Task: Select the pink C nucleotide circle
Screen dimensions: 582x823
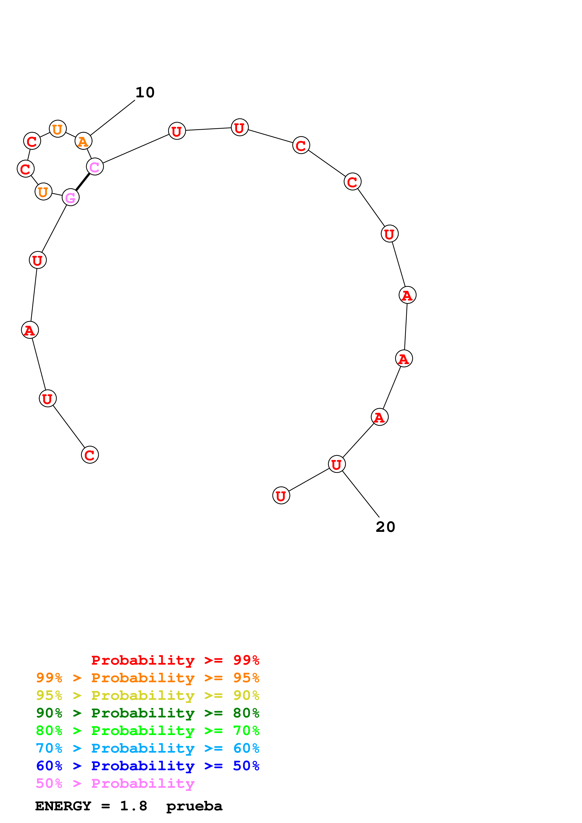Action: point(95,167)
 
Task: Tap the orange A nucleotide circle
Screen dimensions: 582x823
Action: point(83,141)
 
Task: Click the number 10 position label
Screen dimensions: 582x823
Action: point(145,92)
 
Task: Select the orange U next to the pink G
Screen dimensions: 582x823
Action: point(43,192)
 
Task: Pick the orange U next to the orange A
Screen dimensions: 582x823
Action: point(57,129)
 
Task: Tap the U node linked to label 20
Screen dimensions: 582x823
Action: point(336,464)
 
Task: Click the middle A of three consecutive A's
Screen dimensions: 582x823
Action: point(404,358)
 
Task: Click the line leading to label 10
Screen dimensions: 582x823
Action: point(113,118)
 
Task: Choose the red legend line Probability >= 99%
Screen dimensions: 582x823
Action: point(175,660)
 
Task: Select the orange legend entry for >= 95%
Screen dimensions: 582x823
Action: point(147,678)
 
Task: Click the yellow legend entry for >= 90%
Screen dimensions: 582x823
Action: point(147,695)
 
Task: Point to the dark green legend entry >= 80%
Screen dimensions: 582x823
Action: point(147,713)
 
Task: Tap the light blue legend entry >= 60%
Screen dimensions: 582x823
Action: point(147,748)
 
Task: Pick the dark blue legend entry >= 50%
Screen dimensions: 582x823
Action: point(147,766)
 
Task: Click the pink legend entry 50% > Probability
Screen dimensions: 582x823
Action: point(115,784)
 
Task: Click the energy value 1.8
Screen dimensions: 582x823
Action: point(133,806)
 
